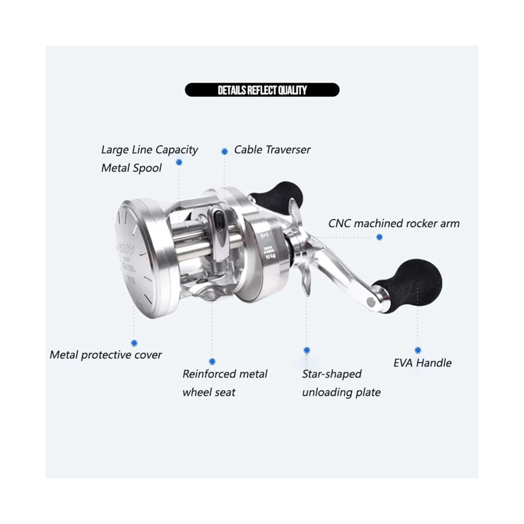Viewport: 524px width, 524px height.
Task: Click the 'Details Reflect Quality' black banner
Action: (x=262, y=90)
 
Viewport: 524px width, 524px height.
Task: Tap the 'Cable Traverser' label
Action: (x=272, y=150)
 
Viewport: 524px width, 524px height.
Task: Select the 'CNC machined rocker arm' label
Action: (x=394, y=223)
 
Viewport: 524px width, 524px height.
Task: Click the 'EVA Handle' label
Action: (x=422, y=363)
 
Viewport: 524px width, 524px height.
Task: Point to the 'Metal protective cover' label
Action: (x=106, y=355)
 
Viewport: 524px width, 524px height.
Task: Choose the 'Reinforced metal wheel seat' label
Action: (x=225, y=383)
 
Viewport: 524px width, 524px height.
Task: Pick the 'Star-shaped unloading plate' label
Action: (x=341, y=383)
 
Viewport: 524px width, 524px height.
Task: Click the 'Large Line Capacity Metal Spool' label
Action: (x=149, y=159)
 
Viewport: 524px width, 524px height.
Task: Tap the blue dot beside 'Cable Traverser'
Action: (x=225, y=151)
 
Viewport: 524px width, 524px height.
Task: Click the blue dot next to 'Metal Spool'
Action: (x=179, y=163)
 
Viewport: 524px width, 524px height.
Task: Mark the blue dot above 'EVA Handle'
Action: (x=418, y=350)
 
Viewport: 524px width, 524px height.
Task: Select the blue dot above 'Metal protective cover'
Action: (x=134, y=343)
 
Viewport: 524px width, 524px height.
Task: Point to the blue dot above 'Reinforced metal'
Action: (x=212, y=362)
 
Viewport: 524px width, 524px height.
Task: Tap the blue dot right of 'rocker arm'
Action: (x=379, y=237)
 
